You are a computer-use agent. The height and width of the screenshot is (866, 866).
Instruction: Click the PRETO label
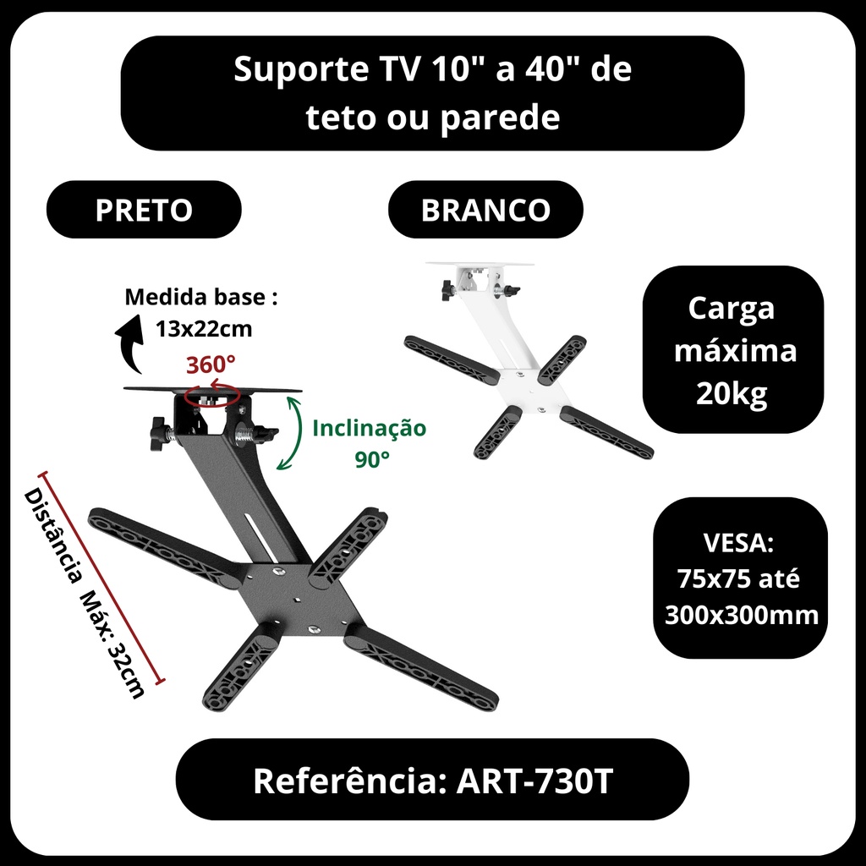click(x=144, y=210)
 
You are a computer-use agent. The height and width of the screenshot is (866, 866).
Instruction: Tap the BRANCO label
click(x=485, y=210)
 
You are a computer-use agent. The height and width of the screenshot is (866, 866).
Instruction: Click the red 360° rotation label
click(x=211, y=365)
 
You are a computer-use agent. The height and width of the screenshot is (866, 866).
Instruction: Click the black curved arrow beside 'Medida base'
click(x=129, y=343)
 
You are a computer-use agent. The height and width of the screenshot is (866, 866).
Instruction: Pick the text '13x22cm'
click(x=203, y=328)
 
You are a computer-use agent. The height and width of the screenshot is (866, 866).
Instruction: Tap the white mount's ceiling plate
click(x=480, y=264)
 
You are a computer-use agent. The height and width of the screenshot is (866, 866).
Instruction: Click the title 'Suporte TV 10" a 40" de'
click(x=432, y=71)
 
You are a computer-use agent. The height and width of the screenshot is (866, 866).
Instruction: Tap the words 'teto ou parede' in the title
click(x=432, y=117)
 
